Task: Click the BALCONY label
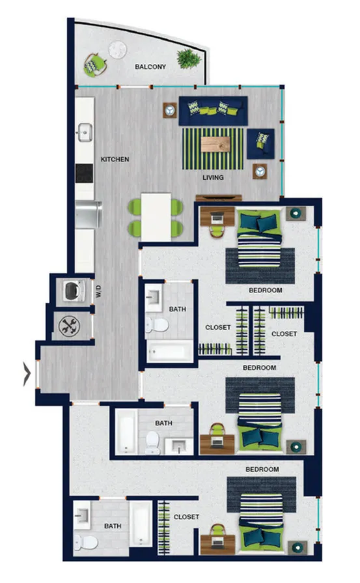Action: [x=150, y=67]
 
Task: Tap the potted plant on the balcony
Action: [x=189, y=59]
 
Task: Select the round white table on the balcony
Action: [x=117, y=50]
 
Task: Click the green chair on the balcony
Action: [x=94, y=64]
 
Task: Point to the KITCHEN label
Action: [x=115, y=159]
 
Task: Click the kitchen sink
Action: [x=85, y=132]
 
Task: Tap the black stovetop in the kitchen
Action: [x=85, y=173]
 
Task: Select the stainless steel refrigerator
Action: [x=88, y=214]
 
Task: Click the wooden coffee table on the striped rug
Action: [x=215, y=144]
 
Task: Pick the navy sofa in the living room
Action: [x=214, y=111]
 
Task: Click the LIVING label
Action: [x=213, y=178]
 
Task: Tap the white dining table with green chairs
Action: [x=156, y=216]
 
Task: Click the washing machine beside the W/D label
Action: [x=74, y=291]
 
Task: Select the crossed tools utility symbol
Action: [x=69, y=326]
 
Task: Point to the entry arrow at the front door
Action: [x=27, y=374]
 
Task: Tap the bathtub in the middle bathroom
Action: [x=126, y=432]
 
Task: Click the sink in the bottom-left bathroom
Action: [x=82, y=515]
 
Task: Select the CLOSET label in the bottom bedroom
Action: [x=186, y=517]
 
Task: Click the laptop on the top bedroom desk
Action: [x=217, y=216]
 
